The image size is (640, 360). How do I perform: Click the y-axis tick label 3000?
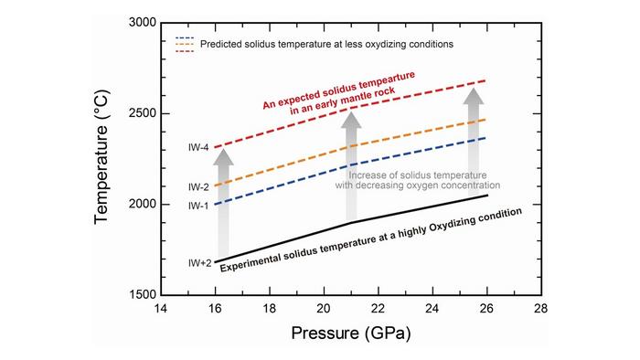point(139,22)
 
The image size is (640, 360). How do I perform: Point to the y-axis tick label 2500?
point(139,113)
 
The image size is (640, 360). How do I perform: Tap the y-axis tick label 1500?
point(139,295)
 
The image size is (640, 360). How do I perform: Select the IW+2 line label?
point(199,263)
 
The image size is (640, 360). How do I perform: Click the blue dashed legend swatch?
point(182,37)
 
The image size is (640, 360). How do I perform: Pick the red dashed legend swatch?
point(182,51)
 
